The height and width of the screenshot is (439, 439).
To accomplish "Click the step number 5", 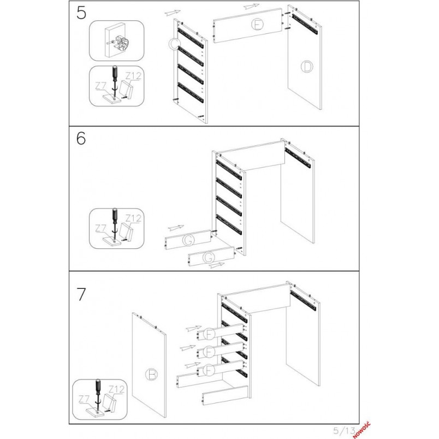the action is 81,13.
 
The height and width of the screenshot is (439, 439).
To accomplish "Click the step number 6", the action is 81,138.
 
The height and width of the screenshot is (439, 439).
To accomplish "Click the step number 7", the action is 81,294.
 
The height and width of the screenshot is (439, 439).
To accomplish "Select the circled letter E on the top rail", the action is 257,24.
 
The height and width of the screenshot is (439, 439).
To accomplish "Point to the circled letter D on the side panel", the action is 307,67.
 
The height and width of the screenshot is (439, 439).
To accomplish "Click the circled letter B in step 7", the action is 152,375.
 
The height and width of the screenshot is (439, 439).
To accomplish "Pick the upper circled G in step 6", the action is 188,240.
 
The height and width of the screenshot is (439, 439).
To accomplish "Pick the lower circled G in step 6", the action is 209,258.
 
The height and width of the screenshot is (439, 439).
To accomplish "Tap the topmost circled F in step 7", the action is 209,334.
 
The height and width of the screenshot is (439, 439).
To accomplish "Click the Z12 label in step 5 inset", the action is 133,76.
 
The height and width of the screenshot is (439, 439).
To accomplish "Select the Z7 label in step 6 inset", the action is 101,228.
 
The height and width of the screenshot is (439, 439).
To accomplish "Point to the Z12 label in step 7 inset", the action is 116,389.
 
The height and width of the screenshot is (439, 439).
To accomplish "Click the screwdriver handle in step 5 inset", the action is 115,73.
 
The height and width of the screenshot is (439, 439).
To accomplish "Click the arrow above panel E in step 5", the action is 251,6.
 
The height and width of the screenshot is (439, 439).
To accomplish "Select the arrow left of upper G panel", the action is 176,227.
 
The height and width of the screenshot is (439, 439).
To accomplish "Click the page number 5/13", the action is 345,430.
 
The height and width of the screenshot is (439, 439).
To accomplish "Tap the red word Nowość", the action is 361,430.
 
